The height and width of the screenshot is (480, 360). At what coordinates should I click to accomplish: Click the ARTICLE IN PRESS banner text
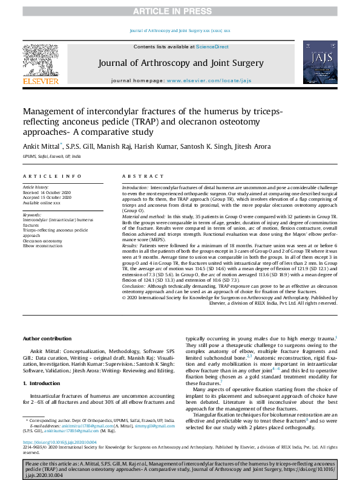pos(180,11)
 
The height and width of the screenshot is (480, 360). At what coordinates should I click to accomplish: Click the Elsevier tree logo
pos(41,62)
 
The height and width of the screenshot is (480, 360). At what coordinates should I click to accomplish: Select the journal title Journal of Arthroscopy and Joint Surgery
pos(181,63)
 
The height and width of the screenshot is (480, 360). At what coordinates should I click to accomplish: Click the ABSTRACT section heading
pos(140,176)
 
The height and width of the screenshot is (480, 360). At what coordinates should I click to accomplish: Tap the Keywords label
pos(32,215)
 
